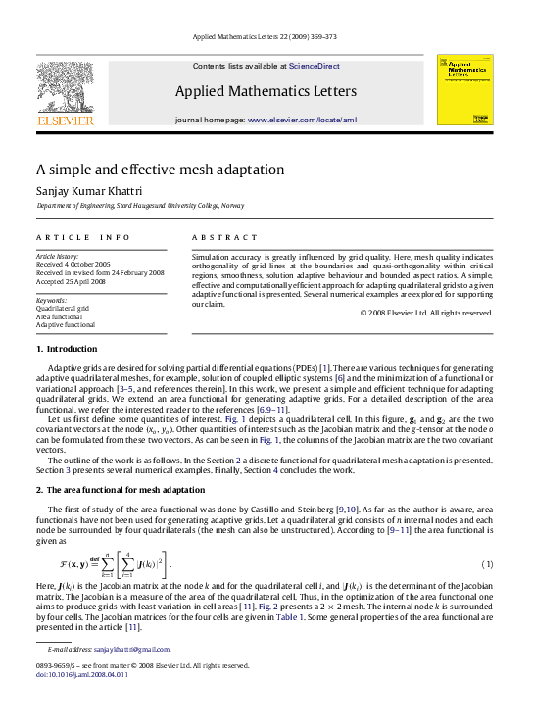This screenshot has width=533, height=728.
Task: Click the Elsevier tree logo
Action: click(66, 91)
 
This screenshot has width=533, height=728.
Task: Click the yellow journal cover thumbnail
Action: click(464, 90)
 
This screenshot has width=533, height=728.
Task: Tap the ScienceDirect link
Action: click(314, 66)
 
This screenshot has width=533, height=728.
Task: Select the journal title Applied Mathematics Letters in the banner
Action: click(266, 92)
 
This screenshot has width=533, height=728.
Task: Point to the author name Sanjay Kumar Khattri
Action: click(97, 191)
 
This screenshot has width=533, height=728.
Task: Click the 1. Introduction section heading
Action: click(67, 349)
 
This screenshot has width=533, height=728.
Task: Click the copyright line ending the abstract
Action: click(426, 313)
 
